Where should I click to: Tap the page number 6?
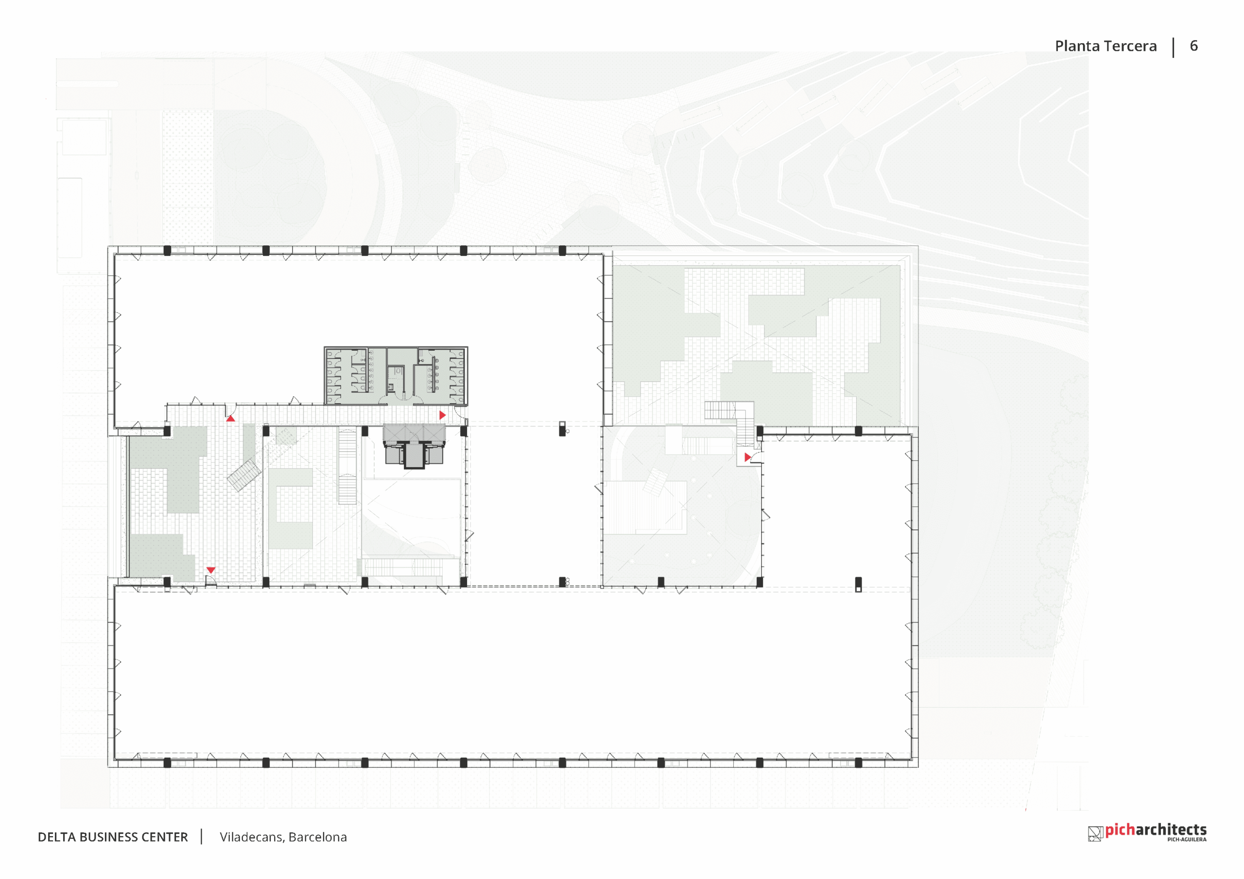1193,46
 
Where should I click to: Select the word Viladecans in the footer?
251,837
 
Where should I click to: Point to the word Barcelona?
317,837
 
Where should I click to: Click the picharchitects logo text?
1156,830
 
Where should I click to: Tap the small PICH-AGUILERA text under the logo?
1187,840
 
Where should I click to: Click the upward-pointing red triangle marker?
230,418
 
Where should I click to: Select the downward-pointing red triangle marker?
211,570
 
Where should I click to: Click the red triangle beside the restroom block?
442,415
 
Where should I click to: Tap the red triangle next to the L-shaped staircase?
748,457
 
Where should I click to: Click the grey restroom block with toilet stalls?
396,376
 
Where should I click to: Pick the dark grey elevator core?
414,446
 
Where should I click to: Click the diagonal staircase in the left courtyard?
244,475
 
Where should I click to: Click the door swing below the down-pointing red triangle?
211,581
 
